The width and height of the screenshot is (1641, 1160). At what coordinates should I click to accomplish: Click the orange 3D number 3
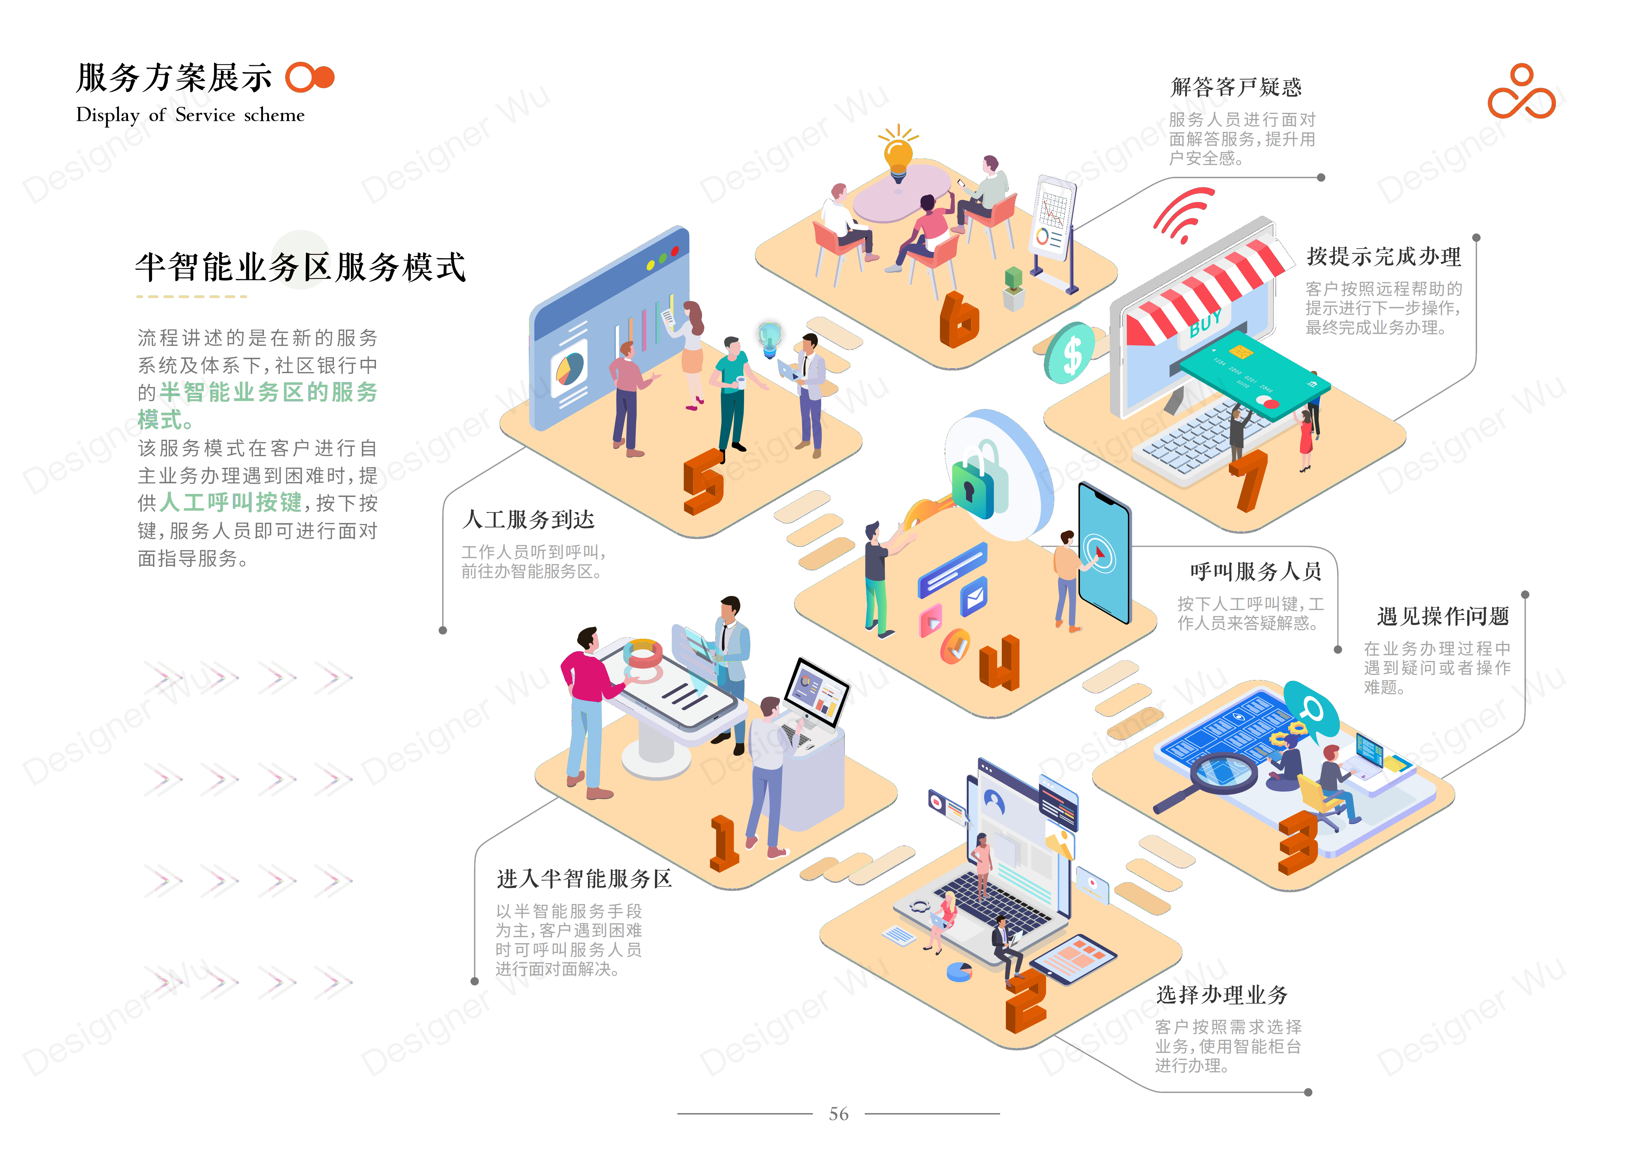(x=1297, y=844)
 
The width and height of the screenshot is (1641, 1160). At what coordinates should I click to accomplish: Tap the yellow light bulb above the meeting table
(x=898, y=154)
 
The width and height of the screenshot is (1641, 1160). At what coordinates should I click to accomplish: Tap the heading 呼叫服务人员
(x=1255, y=572)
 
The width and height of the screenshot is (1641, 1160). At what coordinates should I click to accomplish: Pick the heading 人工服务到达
(x=528, y=520)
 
